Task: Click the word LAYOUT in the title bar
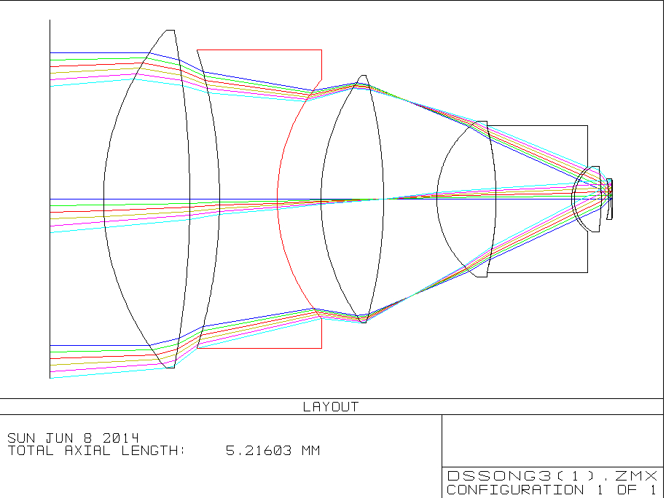click(x=331, y=407)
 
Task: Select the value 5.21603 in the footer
click(x=258, y=451)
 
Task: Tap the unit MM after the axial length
click(x=310, y=451)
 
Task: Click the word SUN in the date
click(x=21, y=438)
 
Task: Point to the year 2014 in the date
click(x=121, y=438)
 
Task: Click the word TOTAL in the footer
click(x=31, y=451)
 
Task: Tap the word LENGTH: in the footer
click(x=153, y=451)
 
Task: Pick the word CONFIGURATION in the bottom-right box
click(x=515, y=489)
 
